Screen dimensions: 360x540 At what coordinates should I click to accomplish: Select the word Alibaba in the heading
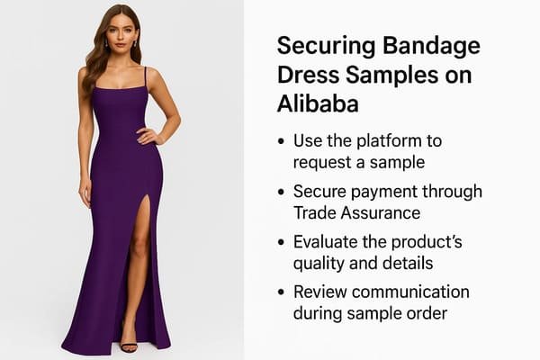coord(318,103)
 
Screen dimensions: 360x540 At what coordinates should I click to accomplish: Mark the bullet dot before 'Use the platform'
coord(283,142)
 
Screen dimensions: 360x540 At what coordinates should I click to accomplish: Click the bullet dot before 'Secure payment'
coord(283,192)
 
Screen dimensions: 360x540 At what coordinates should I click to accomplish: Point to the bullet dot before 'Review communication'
coord(283,292)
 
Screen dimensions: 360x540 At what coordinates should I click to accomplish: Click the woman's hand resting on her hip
coord(147,137)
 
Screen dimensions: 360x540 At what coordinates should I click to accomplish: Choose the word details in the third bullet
coord(409,262)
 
